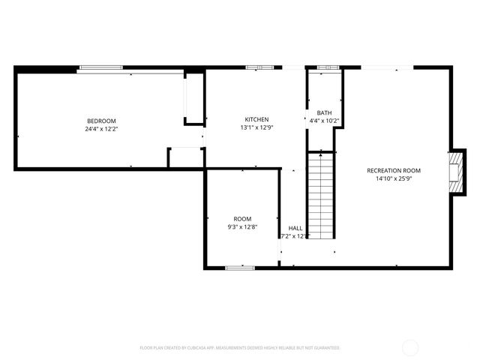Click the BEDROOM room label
pos(101,121)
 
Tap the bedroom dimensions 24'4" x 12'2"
pos(101,129)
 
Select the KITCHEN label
pos(256,119)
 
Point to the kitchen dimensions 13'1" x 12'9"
pos(256,127)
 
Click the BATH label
pos(324,112)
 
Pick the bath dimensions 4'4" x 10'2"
pos(324,121)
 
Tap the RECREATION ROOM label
pos(394,170)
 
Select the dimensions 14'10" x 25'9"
pos(394,178)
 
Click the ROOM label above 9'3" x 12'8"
pos(242,219)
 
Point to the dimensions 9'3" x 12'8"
pos(242,227)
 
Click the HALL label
pos(295,228)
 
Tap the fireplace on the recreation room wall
pos(454,172)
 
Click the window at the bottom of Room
pos(240,267)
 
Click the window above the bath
pos(328,68)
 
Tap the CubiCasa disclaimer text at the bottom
pos(240,348)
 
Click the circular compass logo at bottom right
pos(410,347)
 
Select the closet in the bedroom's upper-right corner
pos(194,97)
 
